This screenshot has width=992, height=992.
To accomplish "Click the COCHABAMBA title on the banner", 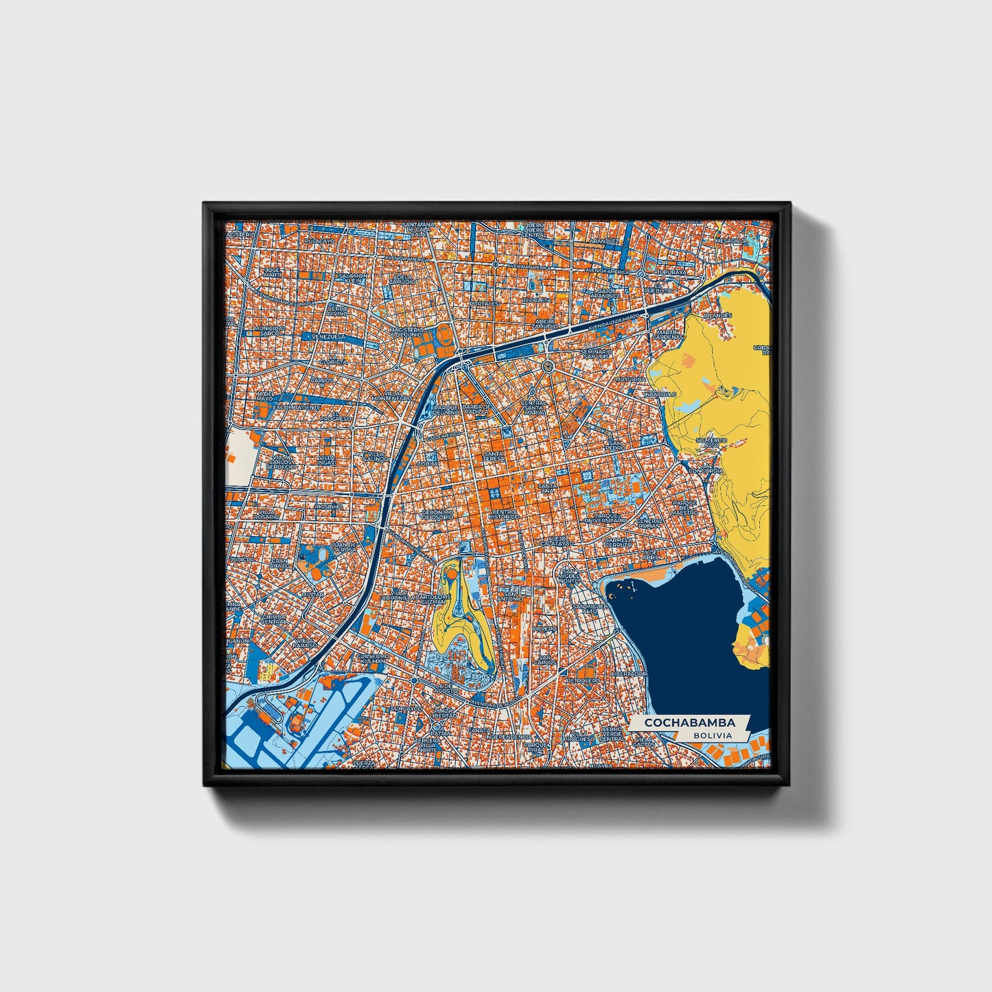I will (x=689, y=723).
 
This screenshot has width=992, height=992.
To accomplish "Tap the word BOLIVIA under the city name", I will (x=712, y=735).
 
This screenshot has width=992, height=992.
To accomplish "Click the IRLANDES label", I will (x=718, y=315).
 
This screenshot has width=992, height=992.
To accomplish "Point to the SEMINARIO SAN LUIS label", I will (x=595, y=354).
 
